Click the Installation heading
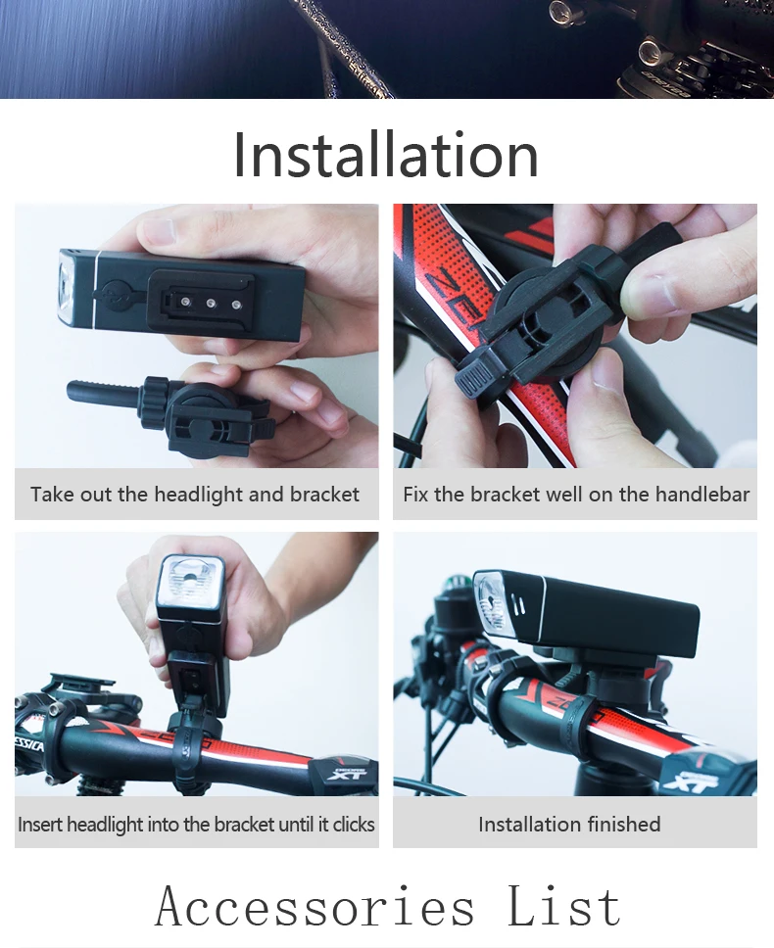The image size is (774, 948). (x=386, y=155)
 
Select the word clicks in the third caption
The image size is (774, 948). (x=354, y=824)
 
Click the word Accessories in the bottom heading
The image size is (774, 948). (x=314, y=906)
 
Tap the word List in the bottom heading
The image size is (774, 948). (x=564, y=906)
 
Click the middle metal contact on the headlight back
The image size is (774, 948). (x=211, y=303)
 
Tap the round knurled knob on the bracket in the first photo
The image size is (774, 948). (x=154, y=399)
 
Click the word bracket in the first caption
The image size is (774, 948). (x=324, y=495)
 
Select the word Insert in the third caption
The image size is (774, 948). (x=40, y=824)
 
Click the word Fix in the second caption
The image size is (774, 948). (x=415, y=494)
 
